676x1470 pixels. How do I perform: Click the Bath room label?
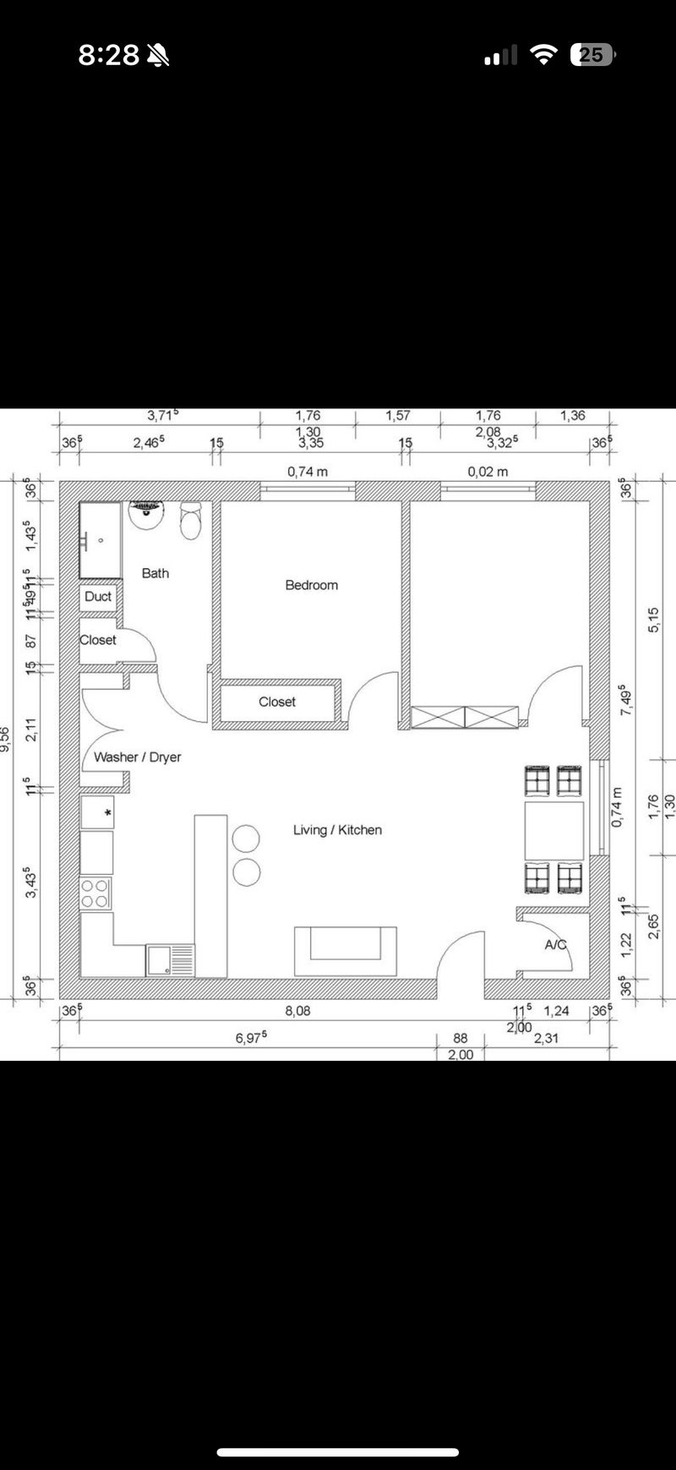pyautogui.click(x=155, y=573)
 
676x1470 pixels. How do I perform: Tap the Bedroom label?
pyautogui.click(x=311, y=585)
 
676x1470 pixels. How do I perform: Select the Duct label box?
pyautogui.click(x=98, y=597)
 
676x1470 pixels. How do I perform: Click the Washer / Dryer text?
pyautogui.click(x=137, y=757)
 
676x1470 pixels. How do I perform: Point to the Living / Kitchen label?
pyautogui.click(x=337, y=830)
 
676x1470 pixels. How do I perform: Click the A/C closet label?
pyautogui.click(x=555, y=944)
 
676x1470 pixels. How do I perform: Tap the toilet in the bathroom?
pyautogui.click(x=191, y=522)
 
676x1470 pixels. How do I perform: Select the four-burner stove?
pyautogui.click(x=95, y=893)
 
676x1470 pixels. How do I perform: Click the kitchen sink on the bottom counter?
pyautogui.click(x=169, y=960)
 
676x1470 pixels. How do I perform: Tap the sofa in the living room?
pyautogui.click(x=345, y=950)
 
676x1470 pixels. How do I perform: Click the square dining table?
pyautogui.click(x=553, y=830)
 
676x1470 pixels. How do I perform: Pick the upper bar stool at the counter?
pyautogui.click(x=245, y=839)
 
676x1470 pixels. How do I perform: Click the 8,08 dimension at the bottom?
pyautogui.click(x=297, y=1011)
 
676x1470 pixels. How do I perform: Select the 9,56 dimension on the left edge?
pyautogui.click(x=6, y=739)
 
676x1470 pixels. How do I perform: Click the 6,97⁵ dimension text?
pyautogui.click(x=251, y=1038)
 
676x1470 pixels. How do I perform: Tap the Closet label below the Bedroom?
pyautogui.click(x=277, y=702)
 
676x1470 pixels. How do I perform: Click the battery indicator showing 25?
pyautogui.click(x=592, y=55)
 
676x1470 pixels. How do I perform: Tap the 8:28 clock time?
pyautogui.click(x=108, y=55)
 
